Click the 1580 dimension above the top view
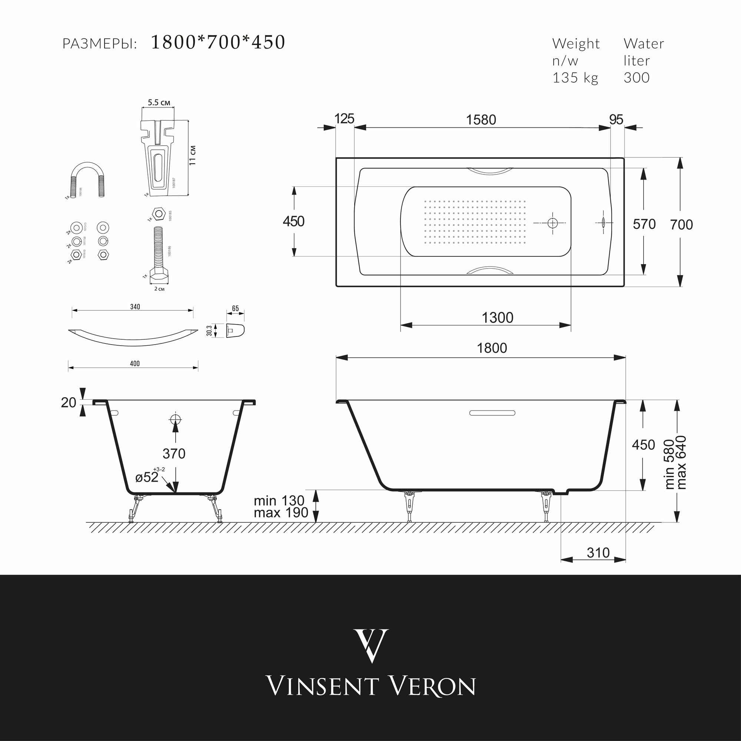tap(481, 120)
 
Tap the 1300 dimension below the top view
tap(498, 318)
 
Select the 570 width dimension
tap(644, 224)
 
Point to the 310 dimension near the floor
tap(598, 553)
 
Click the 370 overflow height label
tap(174, 454)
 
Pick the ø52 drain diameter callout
tap(147, 478)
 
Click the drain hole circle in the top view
tap(553, 223)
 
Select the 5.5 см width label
tap(159, 103)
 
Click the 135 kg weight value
tap(575, 78)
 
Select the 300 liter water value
tap(636, 78)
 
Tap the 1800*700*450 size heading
tap(218, 42)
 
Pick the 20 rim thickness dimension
tap(69, 402)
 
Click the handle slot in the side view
tap(493, 413)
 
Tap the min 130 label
tap(279, 501)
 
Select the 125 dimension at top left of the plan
tap(344, 119)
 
